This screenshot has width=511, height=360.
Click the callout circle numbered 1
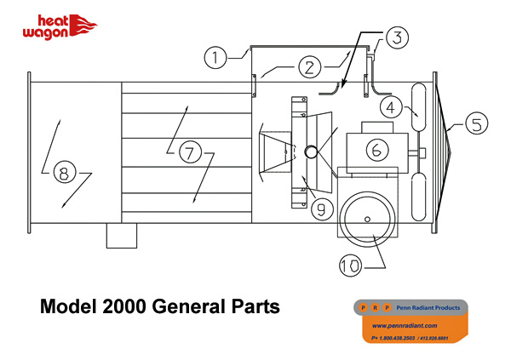tap(217, 58)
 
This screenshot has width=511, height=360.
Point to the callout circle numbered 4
tap(389, 108)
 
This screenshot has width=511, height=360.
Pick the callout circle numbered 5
tap(478, 124)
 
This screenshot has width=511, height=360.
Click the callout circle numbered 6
tap(378, 150)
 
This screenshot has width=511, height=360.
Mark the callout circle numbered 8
tap(62, 174)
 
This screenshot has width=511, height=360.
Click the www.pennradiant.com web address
tap(405, 325)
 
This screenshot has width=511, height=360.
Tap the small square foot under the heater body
tap(122, 236)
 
